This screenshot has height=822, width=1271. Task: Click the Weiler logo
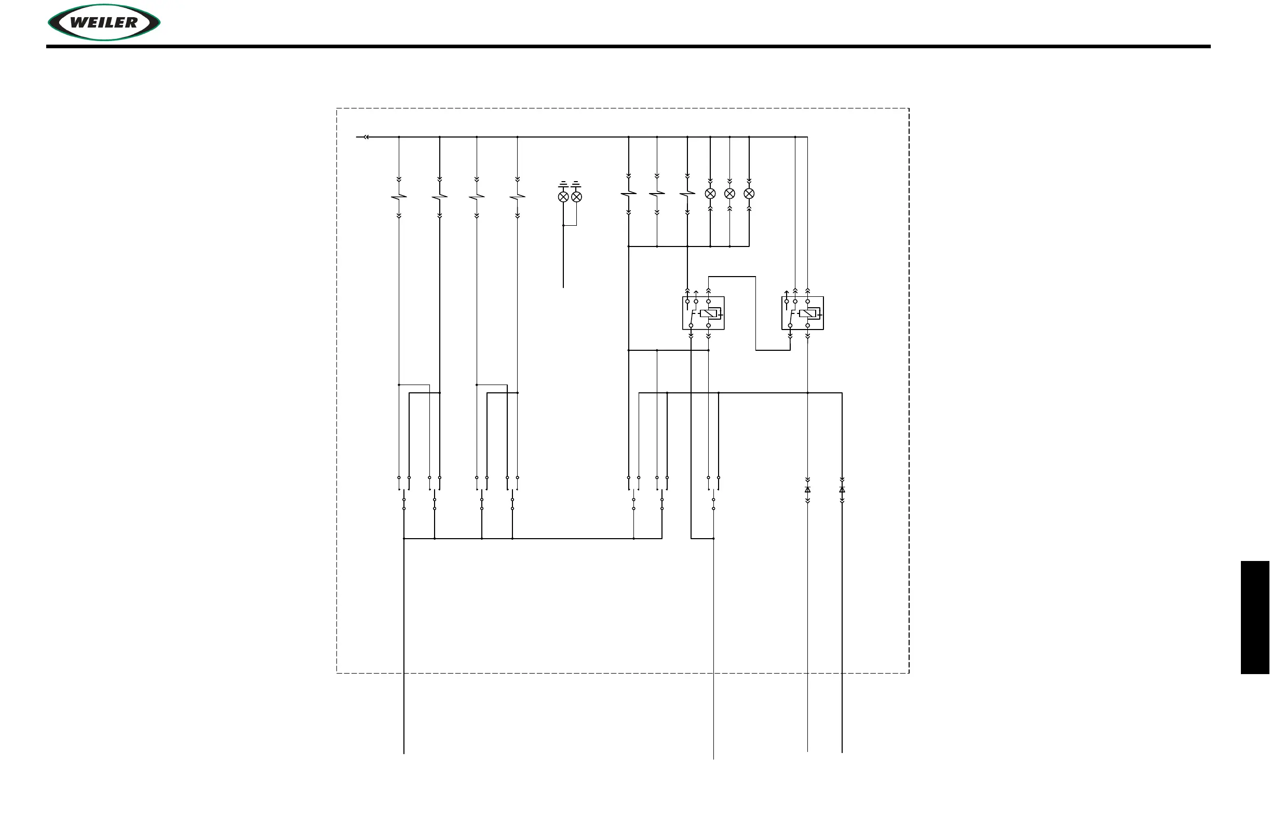104,22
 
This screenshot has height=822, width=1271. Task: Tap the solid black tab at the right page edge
1255,618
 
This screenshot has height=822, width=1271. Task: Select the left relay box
704,313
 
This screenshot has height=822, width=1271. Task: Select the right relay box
802,313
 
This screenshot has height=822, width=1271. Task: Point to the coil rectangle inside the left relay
710,313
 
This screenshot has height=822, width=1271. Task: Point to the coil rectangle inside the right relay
808,313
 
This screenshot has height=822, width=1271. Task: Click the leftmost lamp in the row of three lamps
710,194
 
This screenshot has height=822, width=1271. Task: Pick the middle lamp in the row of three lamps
729,194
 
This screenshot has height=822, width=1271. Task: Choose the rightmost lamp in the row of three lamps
749,194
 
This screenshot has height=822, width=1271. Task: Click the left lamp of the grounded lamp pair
563,197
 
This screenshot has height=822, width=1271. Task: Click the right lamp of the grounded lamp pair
577,197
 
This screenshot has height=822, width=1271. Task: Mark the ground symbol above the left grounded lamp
563,185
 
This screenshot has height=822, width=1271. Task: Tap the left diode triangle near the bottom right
807,489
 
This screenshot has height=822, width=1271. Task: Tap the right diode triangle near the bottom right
842,489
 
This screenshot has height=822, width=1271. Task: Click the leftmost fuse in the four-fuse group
399,197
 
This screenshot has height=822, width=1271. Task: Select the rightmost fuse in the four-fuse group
518,197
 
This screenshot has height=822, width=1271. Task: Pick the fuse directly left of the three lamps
687,194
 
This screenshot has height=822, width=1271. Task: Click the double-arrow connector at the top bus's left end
366,137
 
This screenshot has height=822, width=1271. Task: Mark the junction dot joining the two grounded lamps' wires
563,225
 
